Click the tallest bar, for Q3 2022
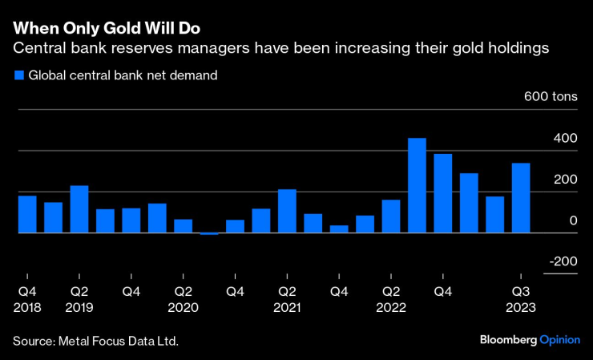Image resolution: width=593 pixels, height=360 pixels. coord(417,185)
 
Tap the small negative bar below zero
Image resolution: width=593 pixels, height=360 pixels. coord(209,233)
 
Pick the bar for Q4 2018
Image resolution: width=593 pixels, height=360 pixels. coord(27,214)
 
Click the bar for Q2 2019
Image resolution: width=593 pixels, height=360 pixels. coord(79,209)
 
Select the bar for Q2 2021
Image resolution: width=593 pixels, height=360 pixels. coord(287,211)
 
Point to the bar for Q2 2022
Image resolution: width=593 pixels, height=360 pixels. coord(391,216)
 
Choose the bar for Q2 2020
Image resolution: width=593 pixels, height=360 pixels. coord(184,226)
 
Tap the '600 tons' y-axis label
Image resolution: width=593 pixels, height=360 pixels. coord(551,97)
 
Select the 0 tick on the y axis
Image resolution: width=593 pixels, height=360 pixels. coord(572,220)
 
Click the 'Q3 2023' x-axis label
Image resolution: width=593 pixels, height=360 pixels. coord(521,299)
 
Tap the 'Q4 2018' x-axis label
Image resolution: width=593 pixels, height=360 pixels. coord(27,299)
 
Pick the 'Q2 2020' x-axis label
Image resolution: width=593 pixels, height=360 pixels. coord(184,299)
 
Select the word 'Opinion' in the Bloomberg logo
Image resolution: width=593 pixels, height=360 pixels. coord(559,340)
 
